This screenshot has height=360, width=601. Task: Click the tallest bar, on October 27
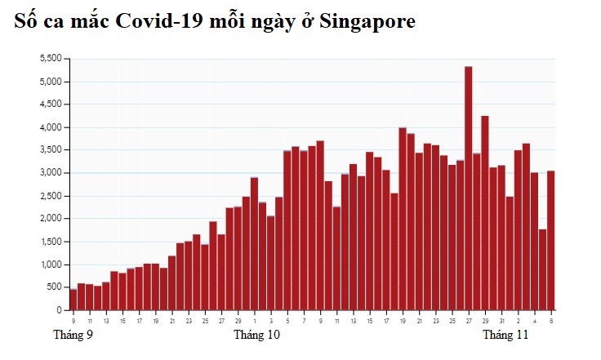pos(468,188)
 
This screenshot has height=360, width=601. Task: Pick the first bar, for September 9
pos(73,300)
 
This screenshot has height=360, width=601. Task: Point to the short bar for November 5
pos(542,270)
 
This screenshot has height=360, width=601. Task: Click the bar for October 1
pos(254,244)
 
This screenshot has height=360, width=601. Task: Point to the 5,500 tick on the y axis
pos(51,59)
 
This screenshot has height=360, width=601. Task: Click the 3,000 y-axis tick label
pos(51,173)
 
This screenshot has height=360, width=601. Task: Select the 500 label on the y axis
pos(54,287)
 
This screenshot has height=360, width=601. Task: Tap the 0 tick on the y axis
pos(59,310)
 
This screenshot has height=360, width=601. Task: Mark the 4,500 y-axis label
pos(51,104)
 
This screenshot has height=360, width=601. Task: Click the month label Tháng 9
pos(73,335)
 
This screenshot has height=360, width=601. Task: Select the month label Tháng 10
pos(256,335)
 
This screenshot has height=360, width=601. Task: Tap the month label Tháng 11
pos(505,335)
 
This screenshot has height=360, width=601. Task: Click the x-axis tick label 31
pos(501,321)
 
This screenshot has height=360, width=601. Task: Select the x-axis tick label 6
pos(551,321)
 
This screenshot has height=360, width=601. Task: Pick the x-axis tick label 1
pos(254,321)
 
